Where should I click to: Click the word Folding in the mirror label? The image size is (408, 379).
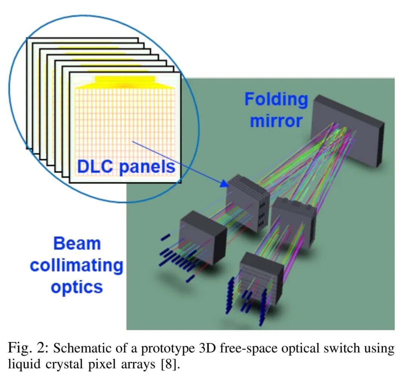point(276,99)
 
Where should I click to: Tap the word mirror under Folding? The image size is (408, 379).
point(276,121)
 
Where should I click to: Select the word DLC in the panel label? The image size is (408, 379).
point(95,167)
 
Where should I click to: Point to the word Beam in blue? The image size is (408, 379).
point(77,243)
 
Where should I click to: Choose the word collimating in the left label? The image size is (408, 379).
point(77,265)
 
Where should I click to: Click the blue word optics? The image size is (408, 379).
point(77,287)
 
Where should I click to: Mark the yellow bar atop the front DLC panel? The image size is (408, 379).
point(125,79)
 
